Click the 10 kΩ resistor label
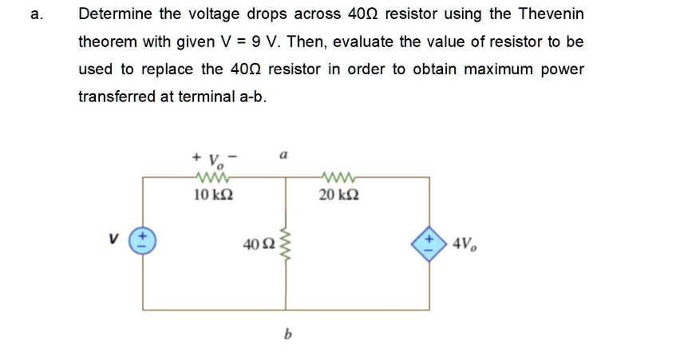213,194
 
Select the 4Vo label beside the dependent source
465,242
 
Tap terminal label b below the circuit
286,336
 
